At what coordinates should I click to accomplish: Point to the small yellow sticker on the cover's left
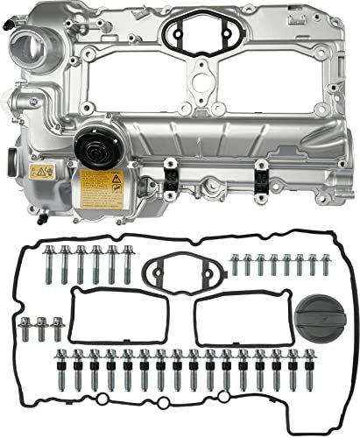pyautogui.click(x=39, y=172)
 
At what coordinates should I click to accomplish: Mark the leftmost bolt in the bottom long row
pyautogui.click(x=62, y=368)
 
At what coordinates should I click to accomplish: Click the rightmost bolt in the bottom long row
pyautogui.click(x=293, y=368)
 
